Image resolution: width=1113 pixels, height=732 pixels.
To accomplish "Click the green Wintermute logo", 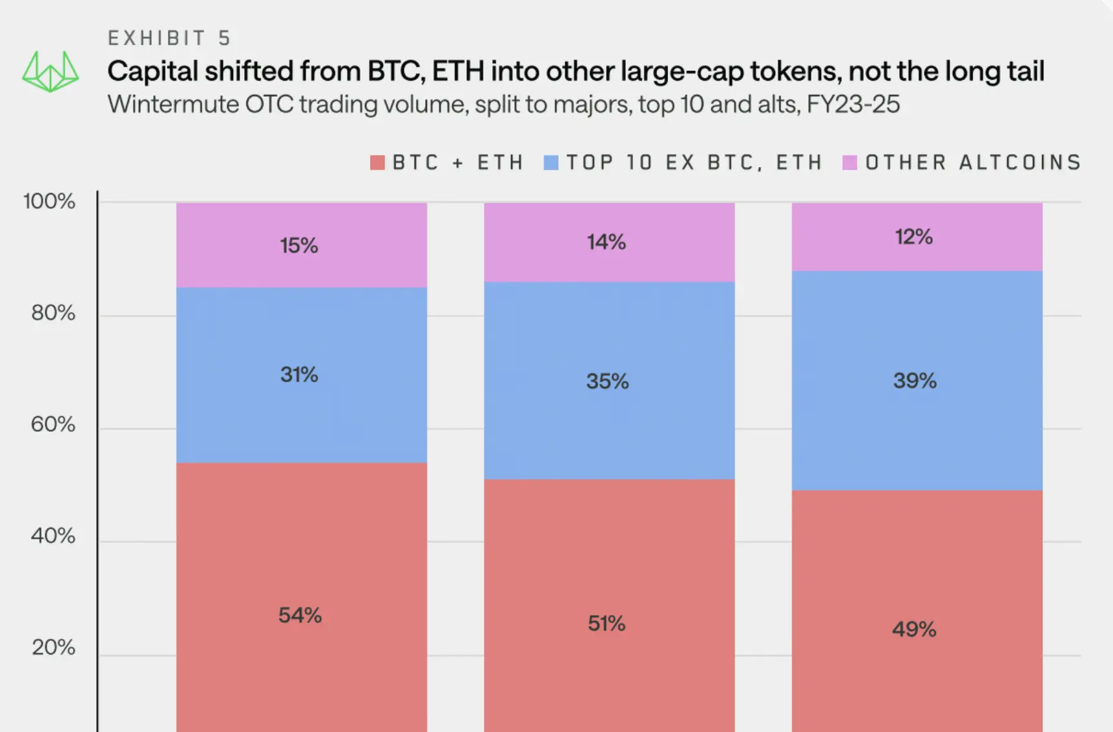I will click(x=50, y=71).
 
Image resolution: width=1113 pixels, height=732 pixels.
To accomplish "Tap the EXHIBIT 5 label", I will click(x=169, y=39).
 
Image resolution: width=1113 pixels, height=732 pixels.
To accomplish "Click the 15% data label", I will click(x=298, y=245).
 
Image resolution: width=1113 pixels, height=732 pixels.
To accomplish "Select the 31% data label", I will click(x=299, y=374).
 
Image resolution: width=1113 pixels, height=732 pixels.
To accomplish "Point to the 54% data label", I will click(x=300, y=615).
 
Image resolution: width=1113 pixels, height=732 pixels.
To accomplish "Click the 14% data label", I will click(x=606, y=242).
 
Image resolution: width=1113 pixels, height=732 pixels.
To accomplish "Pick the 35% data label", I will click(x=607, y=381).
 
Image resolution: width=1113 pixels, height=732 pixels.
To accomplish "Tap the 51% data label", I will click(x=607, y=624).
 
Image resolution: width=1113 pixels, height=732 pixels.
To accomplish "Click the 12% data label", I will click(x=913, y=237).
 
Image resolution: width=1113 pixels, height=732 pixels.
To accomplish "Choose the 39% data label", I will click(x=915, y=380).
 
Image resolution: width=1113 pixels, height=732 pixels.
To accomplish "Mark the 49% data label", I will click(x=914, y=629).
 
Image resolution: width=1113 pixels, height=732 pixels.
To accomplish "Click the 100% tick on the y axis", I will click(x=49, y=201).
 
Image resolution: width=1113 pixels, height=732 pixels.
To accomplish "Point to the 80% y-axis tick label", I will click(x=53, y=313).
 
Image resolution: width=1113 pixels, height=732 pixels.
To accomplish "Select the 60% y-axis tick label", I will click(x=53, y=425).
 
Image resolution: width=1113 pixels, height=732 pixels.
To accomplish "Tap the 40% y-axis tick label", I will click(x=53, y=536).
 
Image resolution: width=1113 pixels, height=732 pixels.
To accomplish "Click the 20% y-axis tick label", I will click(x=53, y=647).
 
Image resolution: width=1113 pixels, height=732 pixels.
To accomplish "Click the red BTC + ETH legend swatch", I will click(x=377, y=163).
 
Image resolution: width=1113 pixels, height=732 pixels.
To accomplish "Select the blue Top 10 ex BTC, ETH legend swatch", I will click(x=551, y=163).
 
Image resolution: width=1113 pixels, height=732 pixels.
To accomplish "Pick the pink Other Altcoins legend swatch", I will click(x=849, y=163).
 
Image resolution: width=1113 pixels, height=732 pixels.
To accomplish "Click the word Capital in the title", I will click(x=152, y=71).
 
